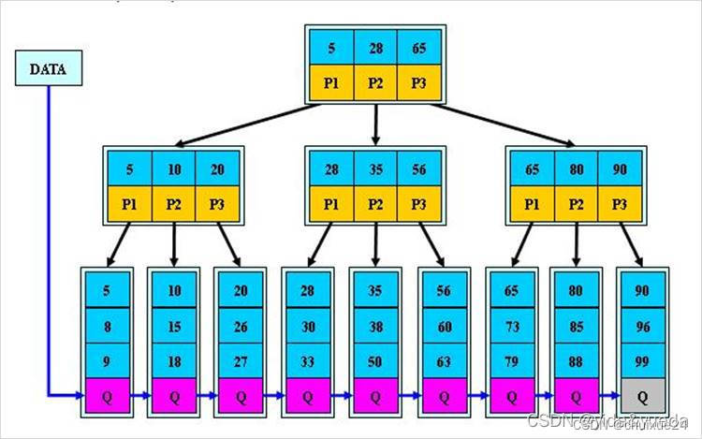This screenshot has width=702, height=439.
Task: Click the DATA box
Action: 48,68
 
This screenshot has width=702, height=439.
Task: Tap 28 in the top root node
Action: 375,47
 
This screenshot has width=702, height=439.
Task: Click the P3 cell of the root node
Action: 417,81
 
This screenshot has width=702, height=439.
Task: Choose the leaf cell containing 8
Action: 107,326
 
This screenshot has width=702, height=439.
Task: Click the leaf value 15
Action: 174,326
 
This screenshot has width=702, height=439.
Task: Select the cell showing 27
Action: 241,360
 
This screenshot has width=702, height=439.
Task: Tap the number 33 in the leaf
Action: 308,360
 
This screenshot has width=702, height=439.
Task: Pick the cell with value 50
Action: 375,360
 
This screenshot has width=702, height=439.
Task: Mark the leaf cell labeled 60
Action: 443,326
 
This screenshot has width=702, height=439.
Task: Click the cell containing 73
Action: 510,326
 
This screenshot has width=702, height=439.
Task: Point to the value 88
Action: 577,360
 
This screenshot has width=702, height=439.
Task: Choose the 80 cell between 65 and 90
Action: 577,170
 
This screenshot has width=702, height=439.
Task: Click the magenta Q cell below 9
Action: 107,396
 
